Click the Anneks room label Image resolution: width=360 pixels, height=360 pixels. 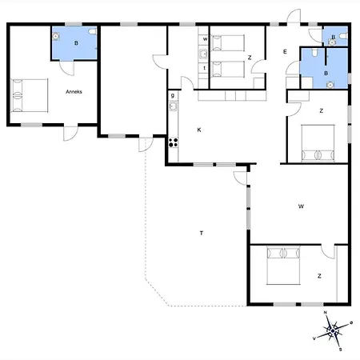pyautogui.click(x=74, y=92)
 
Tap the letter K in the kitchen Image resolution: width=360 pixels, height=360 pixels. pyautogui.click(x=199, y=130)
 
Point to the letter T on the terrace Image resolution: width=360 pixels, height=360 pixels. pyautogui.click(x=202, y=233)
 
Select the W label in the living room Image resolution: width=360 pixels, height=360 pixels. pyautogui.click(x=301, y=206)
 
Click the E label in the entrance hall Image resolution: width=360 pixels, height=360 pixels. pyautogui.click(x=285, y=52)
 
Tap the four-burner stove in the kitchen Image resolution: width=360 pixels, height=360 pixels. pyautogui.click(x=174, y=142)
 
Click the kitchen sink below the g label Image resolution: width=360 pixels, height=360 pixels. pyautogui.click(x=174, y=106)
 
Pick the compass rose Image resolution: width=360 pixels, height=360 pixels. pyautogui.click(x=333, y=330)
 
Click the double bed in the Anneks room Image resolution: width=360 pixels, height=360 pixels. pyautogui.click(x=30, y=95)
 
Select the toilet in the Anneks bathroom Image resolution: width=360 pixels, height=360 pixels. pyautogui.click(x=93, y=31)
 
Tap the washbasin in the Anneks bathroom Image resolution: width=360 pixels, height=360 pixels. pyautogui.click(x=56, y=36)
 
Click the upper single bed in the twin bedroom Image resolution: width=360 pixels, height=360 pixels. pyautogui.click(x=227, y=42)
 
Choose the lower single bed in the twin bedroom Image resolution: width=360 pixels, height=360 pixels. pyautogui.click(x=227, y=70)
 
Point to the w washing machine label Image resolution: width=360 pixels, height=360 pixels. pyautogui.click(x=205, y=39)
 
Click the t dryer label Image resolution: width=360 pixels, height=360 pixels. pyautogui.click(x=205, y=68)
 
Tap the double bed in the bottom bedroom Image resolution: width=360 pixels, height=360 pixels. pyautogui.click(x=283, y=266)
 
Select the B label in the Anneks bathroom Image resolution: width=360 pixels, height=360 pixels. pyautogui.click(x=76, y=43)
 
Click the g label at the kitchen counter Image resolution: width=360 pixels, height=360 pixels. pyautogui.click(x=173, y=95)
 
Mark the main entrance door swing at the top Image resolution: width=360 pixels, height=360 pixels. pyautogui.click(x=294, y=16)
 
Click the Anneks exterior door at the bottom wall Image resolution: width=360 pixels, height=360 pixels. pyautogui.click(x=70, y=133)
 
